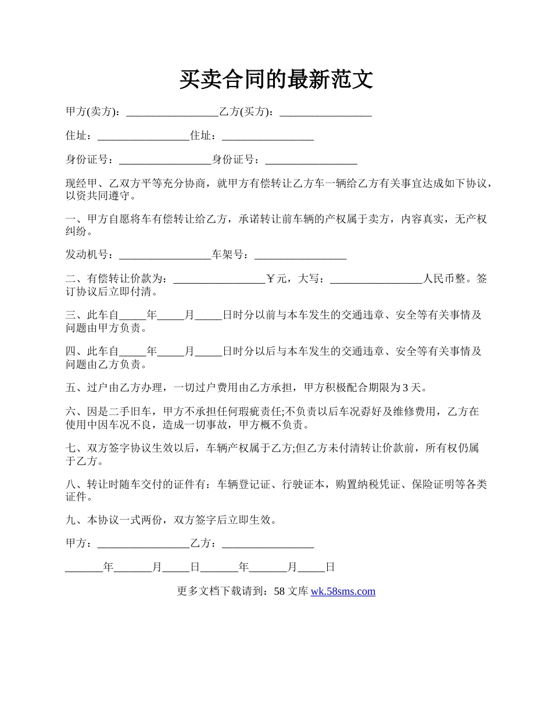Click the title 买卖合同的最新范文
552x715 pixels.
[x=275, y=80]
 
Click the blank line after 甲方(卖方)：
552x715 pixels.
[x=172, y=112]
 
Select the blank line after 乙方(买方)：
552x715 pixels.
[x=325, y=112]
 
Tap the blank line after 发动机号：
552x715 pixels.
[x=164, y=255]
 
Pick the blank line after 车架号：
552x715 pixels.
[x=300, y=255]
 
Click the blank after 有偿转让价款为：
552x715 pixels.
[x=219, y=279]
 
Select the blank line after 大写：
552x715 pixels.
[x=376, y=279]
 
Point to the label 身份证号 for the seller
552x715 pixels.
[x=87, y=160]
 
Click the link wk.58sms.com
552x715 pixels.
[x=343, y=592]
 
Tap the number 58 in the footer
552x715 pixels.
[x=279, y=592]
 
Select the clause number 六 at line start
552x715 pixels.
[x=71, y=412]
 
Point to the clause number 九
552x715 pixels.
[x=71, y=520]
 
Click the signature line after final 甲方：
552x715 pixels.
[x=144, y=544]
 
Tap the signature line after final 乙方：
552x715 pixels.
[x=268, y=544]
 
